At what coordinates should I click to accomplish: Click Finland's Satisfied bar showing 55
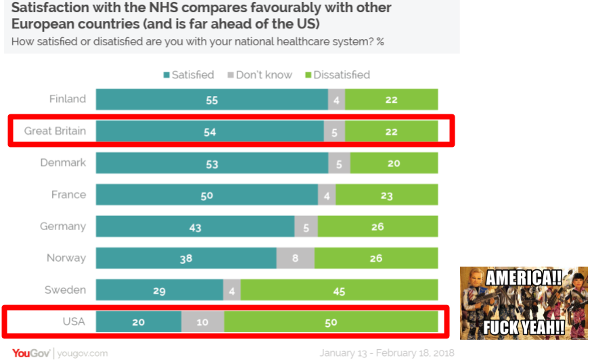tap(212, 99)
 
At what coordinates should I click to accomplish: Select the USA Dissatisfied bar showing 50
tap(331, 322)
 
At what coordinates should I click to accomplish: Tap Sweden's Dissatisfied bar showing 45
tap(339, 290)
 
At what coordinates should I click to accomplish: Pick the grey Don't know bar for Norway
tap(296, 258)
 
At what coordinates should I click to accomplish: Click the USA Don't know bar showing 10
tap(202, 322)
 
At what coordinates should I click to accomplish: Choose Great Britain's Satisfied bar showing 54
tap(210, 131)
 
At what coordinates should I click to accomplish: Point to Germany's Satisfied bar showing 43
tap(195, 227)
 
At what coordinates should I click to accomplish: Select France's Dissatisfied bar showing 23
tap(386, 195)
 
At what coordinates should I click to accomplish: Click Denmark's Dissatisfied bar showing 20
tap(394, 163)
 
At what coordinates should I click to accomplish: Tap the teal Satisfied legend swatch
tap(166, 75)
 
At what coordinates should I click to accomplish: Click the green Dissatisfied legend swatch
tap(308, 75)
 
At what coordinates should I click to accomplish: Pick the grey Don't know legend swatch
tap(230, 75)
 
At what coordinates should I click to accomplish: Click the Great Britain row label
tap(55, 131)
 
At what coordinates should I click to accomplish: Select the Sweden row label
tap(65, 290)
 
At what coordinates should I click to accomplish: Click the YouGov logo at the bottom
tap(29, 353)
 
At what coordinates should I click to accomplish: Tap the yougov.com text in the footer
tap(83, 353)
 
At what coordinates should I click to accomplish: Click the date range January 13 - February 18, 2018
tap(387, 353)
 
